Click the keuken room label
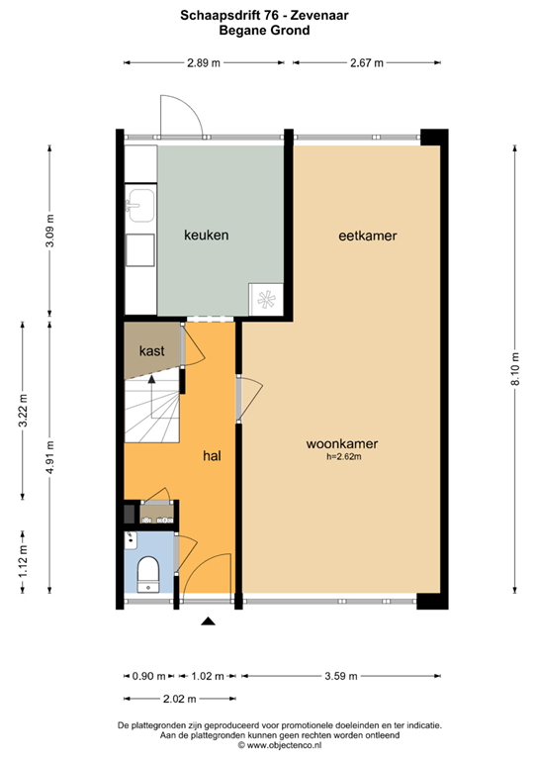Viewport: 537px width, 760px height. coord(207,236)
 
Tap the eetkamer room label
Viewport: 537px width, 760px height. coord(361,236)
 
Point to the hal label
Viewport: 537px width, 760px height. coord(211,455)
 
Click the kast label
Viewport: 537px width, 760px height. coord(151,350)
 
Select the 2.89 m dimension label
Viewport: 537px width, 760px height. coord(204,63)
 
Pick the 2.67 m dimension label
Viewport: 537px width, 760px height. coord(367,63)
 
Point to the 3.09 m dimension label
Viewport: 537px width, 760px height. coord(50,232)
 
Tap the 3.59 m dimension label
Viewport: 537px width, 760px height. coord(338,677)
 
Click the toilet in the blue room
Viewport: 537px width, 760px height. coord(148,570)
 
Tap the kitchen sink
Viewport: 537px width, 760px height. coord(137,206)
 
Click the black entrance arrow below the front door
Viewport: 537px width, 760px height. coord(208,621)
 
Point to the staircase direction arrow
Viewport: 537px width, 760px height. coord(151,377)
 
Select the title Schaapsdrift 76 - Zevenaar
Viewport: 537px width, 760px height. coord(268,16)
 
